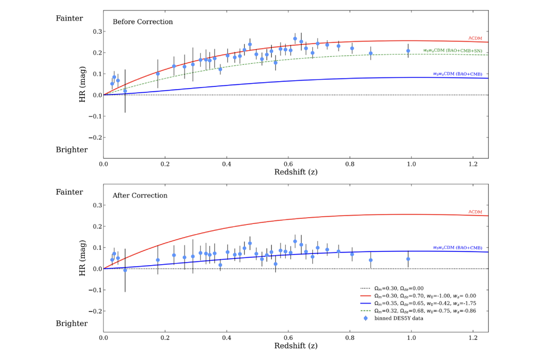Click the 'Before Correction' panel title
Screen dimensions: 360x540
pyautogui.click(x=142, y=22)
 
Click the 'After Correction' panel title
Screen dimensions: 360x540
pyautogui.click(x=140, y=196)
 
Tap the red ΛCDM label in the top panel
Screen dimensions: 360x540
pyautogui.click(x=476, y=38)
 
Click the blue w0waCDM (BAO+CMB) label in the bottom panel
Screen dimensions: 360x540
pyautogui.click(x=457, y=248)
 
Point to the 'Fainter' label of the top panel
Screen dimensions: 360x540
pyautogui.click(x=69, y=18)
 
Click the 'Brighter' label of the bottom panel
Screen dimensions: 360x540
pyautogui.click(x=72, y=324)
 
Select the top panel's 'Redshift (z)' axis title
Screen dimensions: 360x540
pyautogui.click(x=296, y=172)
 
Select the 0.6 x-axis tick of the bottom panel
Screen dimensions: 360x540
pyautogui.click(x=288, y=338)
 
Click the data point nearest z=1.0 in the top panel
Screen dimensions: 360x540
pyautogui.click(x=408, y=51)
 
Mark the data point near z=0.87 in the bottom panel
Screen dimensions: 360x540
pyautogui.click(x=371, y=260)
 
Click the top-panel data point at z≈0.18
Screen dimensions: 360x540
pyautogui.click(x=158, y=74)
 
